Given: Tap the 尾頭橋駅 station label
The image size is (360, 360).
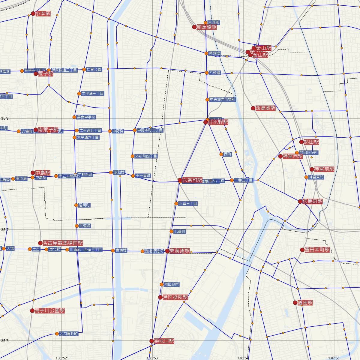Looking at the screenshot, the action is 206,27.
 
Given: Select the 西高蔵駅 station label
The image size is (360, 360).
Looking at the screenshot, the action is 265,108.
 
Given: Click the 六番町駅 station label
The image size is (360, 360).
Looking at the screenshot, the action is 192,180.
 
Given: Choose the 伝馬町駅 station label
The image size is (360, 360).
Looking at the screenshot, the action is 313,202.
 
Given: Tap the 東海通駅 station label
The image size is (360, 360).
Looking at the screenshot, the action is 179,251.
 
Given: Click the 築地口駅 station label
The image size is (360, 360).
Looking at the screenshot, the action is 164,341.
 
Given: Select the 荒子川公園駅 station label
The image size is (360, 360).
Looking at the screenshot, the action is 49,310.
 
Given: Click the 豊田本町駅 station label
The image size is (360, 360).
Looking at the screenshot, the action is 317,250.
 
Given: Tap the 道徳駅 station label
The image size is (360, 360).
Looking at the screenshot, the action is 305,303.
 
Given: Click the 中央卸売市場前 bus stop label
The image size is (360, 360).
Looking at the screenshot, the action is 223,100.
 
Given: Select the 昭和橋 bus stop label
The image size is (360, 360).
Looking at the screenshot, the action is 117,172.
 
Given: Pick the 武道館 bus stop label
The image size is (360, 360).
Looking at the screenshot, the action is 85,226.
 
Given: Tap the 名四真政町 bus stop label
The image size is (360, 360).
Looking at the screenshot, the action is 69,334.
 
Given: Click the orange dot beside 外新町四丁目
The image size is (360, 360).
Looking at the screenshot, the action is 133,156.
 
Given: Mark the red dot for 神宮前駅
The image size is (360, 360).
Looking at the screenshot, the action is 312,169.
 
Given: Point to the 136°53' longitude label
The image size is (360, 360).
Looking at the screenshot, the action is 152,358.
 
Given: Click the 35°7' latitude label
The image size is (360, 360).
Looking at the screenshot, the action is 6,230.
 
